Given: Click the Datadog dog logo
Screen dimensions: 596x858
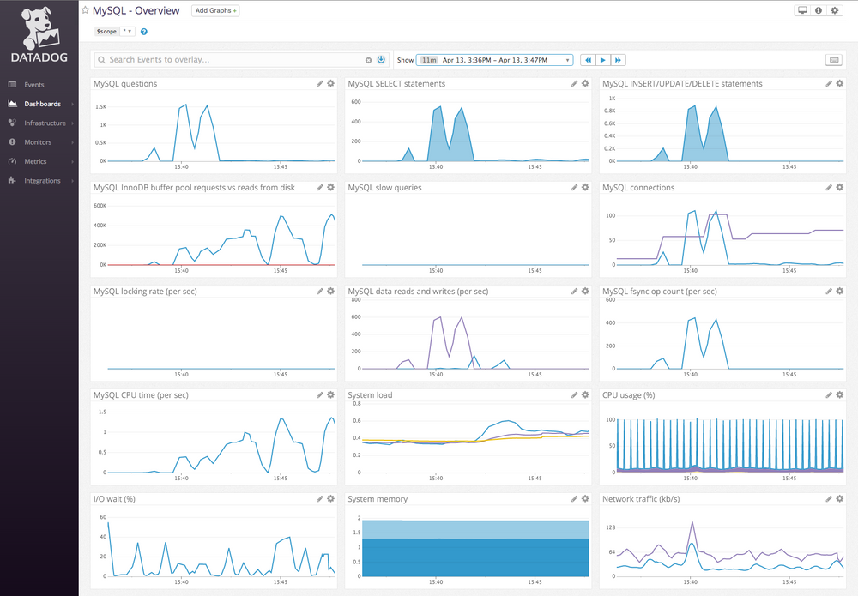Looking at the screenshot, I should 39,27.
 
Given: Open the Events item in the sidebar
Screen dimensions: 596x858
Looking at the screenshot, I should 34,85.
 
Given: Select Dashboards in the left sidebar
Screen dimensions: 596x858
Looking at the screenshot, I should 42,104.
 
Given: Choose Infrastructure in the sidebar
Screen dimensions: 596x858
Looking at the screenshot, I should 45,123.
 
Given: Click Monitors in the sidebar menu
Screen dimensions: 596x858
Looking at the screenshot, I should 38,142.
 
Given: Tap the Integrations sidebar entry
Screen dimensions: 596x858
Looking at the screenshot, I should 42,181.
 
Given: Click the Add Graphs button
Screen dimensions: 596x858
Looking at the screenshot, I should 215,11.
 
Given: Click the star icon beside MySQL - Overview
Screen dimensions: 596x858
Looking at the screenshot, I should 86,11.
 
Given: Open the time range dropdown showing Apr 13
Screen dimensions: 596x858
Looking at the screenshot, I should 495,60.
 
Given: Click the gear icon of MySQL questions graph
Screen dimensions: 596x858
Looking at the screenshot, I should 330,84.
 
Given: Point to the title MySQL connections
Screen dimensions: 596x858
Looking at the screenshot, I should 638,188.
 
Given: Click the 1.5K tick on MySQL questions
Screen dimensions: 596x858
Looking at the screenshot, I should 100,107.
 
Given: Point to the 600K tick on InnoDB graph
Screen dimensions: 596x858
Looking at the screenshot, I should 100,206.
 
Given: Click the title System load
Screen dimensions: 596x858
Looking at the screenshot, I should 370,395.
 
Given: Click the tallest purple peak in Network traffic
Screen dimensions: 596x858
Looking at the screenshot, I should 692,522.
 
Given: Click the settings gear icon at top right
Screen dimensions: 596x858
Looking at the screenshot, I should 834,11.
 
